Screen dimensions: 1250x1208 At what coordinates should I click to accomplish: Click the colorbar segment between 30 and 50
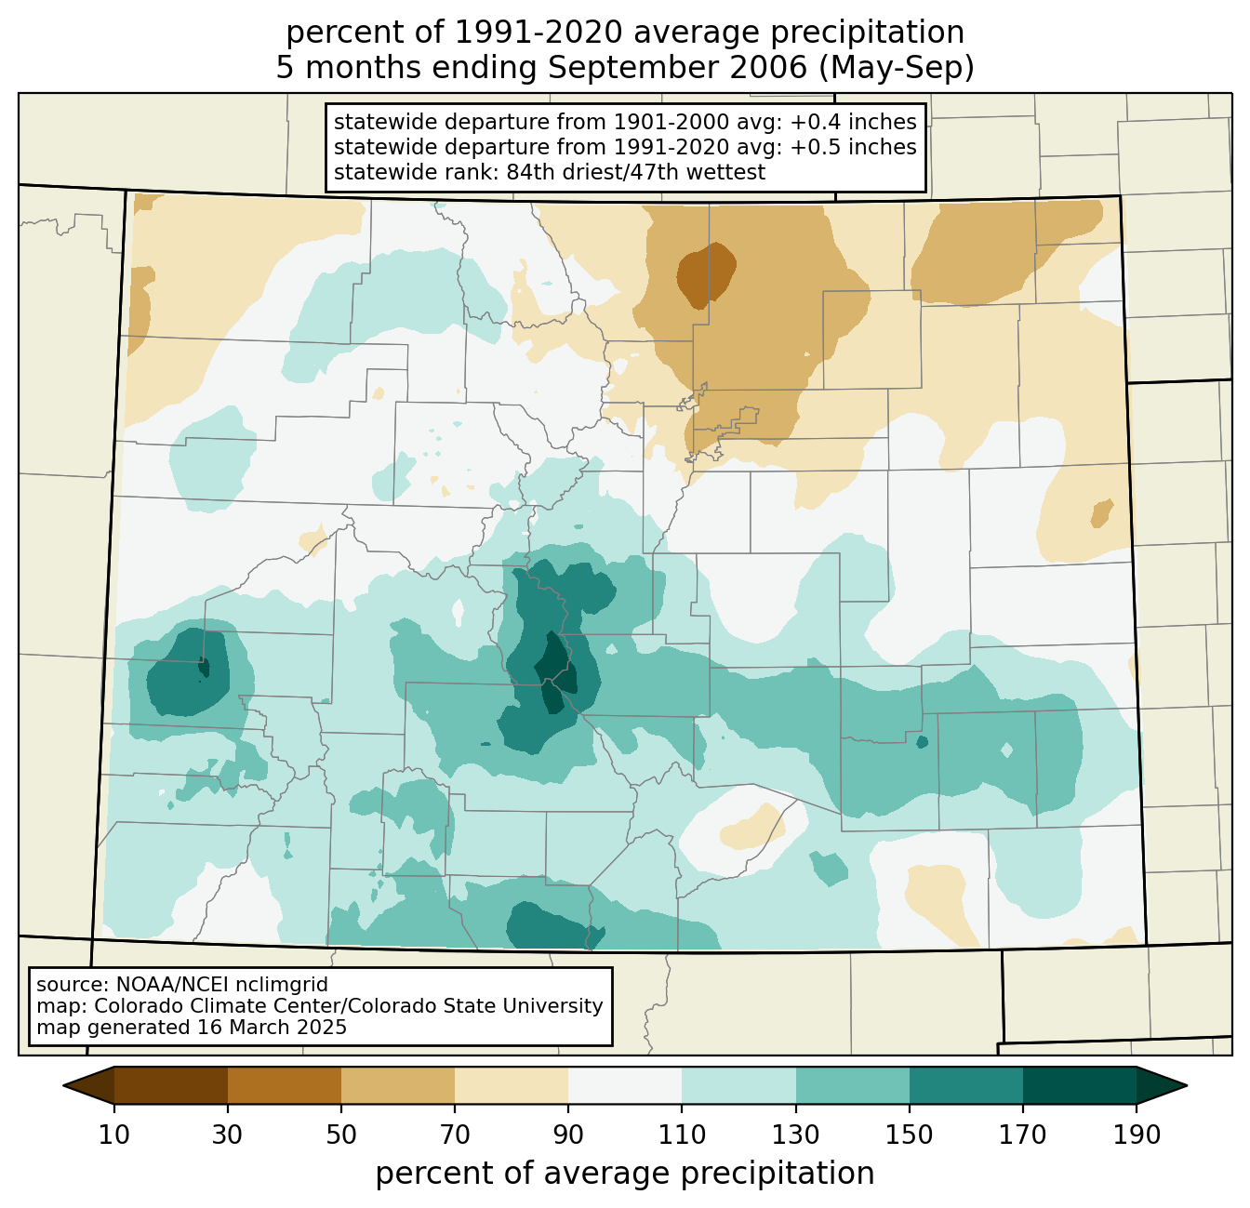point(284,1086)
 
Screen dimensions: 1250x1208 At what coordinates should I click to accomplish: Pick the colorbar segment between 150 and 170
point(965,1086)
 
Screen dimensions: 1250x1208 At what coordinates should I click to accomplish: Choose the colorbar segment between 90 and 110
point(625,1086)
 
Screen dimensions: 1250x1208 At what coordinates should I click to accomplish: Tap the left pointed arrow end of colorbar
point(88,1086)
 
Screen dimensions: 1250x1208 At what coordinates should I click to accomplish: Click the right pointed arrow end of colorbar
point(1162,1086)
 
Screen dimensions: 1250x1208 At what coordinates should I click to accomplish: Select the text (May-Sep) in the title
point(897,68)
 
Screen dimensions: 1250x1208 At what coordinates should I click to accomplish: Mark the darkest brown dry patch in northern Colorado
point(706,275)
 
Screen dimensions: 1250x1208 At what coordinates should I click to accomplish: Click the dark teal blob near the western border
point(188,671)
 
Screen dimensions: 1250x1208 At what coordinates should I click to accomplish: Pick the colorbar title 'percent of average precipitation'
point(624,1173)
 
